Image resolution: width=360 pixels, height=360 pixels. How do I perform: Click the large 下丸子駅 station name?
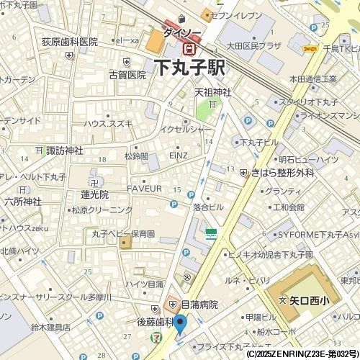click(189, 68)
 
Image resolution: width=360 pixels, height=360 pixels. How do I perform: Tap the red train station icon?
click(189, 48)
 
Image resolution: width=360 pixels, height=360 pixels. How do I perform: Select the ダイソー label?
click(177, 32)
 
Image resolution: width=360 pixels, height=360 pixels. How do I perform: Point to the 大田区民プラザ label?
click(254, 46)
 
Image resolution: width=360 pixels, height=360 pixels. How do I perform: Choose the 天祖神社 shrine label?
click(213, 92)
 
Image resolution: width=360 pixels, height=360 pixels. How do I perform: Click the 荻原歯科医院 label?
click(68, 42)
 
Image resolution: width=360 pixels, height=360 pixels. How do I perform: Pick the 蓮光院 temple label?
click(94, 194)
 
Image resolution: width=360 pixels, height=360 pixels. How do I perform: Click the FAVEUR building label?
click(149, 189)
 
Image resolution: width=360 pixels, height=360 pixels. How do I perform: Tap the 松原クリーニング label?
click(101, 210)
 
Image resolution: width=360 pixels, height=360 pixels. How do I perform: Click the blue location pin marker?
click(180, 324)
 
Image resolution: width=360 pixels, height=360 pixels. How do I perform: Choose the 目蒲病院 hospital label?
click(199, 305)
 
